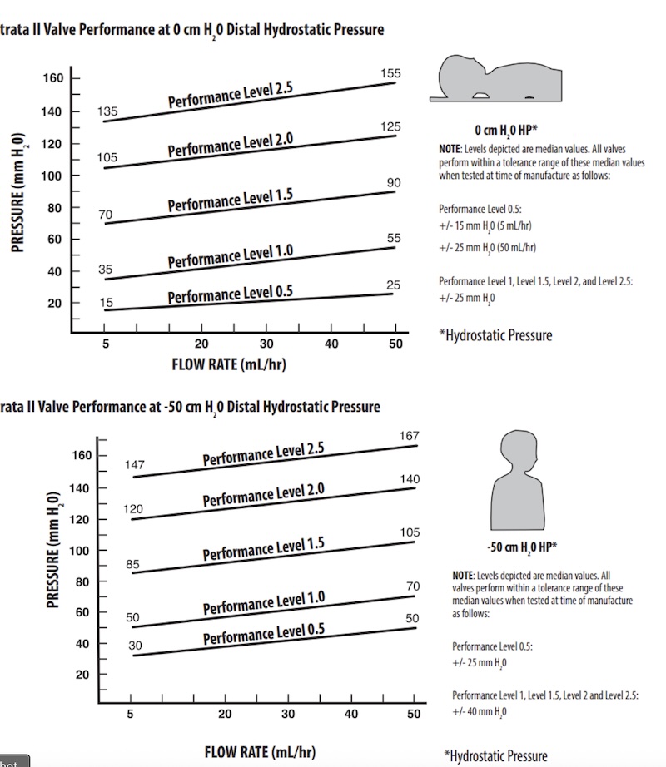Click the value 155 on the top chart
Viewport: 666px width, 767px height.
[390, 74]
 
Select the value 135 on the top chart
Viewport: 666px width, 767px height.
[107, 111]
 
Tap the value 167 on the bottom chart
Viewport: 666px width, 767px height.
[410, 436]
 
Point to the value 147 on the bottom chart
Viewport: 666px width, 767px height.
[135, 465]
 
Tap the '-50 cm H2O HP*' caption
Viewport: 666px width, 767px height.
[521, 548]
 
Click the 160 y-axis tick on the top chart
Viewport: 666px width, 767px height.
[52, 79]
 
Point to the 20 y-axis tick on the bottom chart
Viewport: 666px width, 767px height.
[82, 675]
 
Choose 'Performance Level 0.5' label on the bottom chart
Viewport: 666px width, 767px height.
[264, 635]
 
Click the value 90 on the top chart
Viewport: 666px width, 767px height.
[394, 183]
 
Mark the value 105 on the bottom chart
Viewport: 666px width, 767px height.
[410, 532]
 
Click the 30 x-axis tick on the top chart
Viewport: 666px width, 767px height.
[266, 344]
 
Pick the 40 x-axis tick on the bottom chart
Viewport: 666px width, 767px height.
[350, 714]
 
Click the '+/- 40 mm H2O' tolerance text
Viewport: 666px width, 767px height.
[480, 711]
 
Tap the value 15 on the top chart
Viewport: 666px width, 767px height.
[107, 302]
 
